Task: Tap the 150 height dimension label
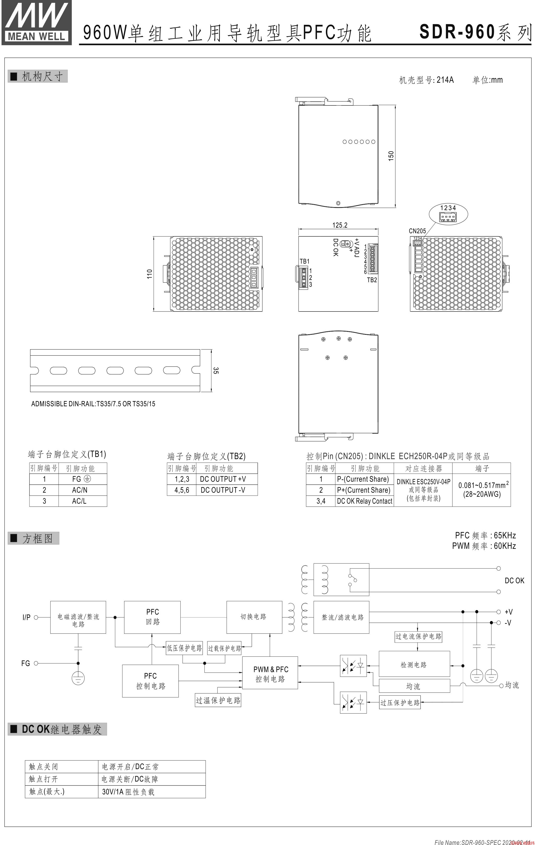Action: point(391,156)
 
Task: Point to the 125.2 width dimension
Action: point(340,225)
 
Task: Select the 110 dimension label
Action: point(150,274)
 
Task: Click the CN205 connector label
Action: point(417,231)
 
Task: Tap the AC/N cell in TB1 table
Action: point(80,490)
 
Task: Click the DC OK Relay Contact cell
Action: point(365,501)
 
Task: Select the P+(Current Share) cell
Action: point(363,490)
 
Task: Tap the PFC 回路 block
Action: point(152,617)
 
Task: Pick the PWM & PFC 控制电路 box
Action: point(270,674)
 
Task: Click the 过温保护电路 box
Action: point(218,700)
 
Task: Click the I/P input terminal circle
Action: point(36,617)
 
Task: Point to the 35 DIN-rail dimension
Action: point(216,370)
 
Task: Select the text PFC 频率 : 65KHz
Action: point(485,535)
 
